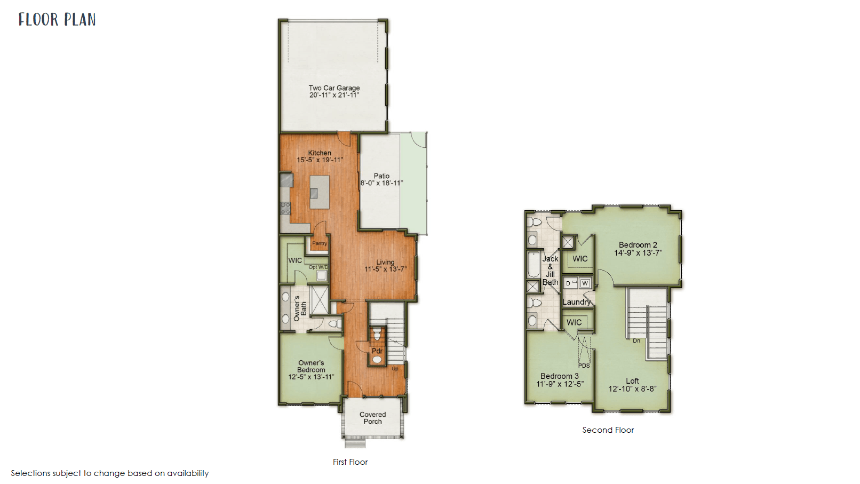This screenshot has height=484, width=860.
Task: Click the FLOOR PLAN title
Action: click(57, 19)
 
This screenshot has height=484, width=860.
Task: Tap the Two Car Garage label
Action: click(334, 88)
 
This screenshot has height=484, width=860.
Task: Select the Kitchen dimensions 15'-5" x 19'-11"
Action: click(320, 160)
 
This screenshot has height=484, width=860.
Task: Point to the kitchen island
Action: click(320, 192)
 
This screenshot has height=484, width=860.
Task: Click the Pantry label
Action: click(320, 243)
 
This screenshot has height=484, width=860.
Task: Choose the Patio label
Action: click(381, 176)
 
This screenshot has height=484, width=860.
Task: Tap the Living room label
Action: click(385, 262)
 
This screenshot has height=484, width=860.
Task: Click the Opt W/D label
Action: click(318, 267)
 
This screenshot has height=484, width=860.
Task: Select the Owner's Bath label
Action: click(300, 308)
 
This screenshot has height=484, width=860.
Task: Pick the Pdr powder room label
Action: click(377, 351)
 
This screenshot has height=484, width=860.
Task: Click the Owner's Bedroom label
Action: click(311, 366)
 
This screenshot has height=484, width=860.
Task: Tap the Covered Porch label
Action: click(372, 418)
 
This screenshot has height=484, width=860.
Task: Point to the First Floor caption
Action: click(350, 462)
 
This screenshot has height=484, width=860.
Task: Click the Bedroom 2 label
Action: click(638, 245)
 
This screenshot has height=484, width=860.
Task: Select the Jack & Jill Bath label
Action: click(550, 271)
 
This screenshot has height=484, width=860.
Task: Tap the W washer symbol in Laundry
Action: click(585, 283)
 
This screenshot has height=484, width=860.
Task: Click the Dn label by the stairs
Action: click(636, 340)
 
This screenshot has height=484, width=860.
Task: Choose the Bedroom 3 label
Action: click(560, 376)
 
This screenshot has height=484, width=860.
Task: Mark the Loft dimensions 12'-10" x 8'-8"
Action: click(632, 388)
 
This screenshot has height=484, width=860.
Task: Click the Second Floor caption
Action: click(608, 430)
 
